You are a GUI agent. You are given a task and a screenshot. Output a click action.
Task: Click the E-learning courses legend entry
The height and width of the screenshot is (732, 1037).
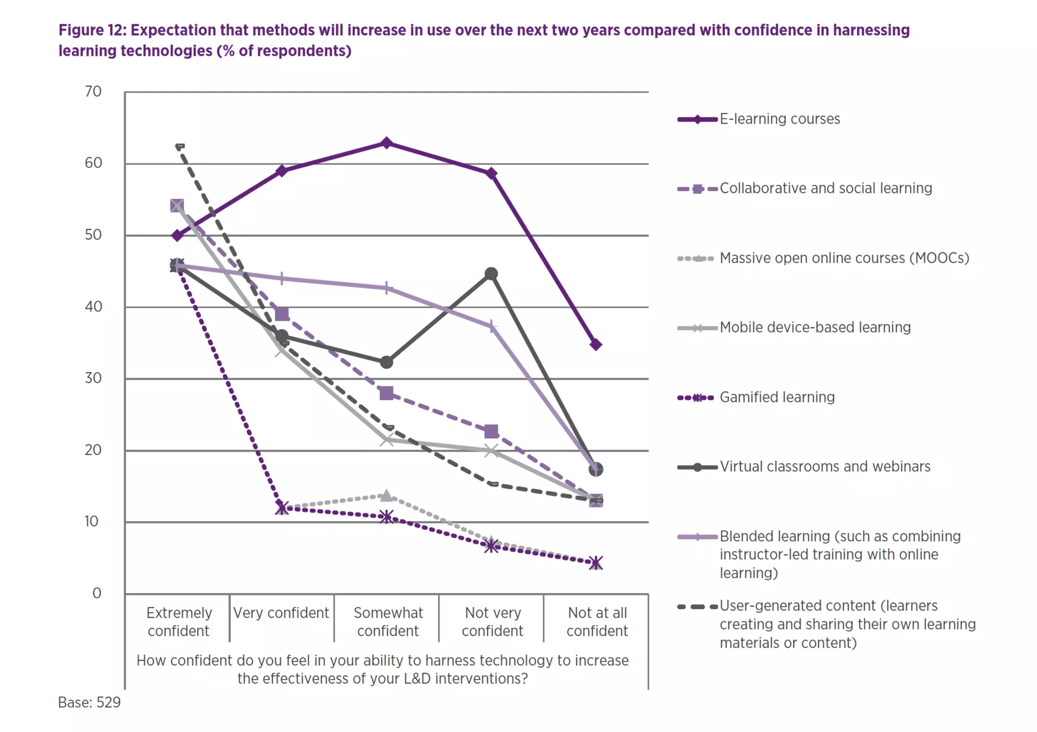click(779, 119)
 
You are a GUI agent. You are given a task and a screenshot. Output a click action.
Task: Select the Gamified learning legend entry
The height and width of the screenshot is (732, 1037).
click(777, 397)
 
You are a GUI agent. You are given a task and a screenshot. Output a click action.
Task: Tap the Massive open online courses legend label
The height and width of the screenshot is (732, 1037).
click(844, 258)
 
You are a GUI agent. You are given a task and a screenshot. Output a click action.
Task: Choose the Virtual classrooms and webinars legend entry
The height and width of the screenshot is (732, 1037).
click(825, 466)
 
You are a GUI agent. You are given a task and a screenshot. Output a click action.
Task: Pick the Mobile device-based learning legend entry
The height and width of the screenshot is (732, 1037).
click(815, 327)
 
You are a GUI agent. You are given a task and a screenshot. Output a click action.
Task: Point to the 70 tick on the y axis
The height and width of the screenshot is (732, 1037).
click(93, 92)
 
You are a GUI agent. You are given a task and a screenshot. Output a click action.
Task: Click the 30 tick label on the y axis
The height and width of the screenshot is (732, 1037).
click(93, 378)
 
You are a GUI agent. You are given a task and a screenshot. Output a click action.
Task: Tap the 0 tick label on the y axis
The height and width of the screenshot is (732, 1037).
click(97, 593)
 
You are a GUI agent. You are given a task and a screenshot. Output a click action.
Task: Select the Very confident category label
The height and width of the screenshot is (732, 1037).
click(281, 613)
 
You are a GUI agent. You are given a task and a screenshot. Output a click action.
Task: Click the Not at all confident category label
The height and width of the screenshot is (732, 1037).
click(597, 622)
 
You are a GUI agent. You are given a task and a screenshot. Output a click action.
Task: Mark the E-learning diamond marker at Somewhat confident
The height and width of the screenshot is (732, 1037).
click(386, 143)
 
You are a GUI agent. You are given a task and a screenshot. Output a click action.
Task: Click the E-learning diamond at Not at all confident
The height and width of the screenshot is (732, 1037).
click(596, 345)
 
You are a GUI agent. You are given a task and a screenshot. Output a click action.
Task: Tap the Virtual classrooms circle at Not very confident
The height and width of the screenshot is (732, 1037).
click(491, 274)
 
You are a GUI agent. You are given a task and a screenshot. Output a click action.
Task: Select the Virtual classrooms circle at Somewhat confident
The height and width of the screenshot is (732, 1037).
click(386, 362)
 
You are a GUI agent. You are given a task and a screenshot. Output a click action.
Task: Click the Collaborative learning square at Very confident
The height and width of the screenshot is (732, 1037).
click(282, 314)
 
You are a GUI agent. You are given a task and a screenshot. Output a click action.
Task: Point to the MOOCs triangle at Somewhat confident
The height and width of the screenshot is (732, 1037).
click(386, 495)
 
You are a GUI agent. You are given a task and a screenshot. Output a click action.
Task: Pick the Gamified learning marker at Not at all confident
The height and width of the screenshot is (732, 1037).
click(596, 563)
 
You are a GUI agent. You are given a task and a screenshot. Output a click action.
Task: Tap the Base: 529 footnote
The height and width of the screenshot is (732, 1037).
click(89, 702)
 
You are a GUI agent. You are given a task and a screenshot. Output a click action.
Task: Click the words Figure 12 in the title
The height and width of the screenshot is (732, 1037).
click(92, 30)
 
